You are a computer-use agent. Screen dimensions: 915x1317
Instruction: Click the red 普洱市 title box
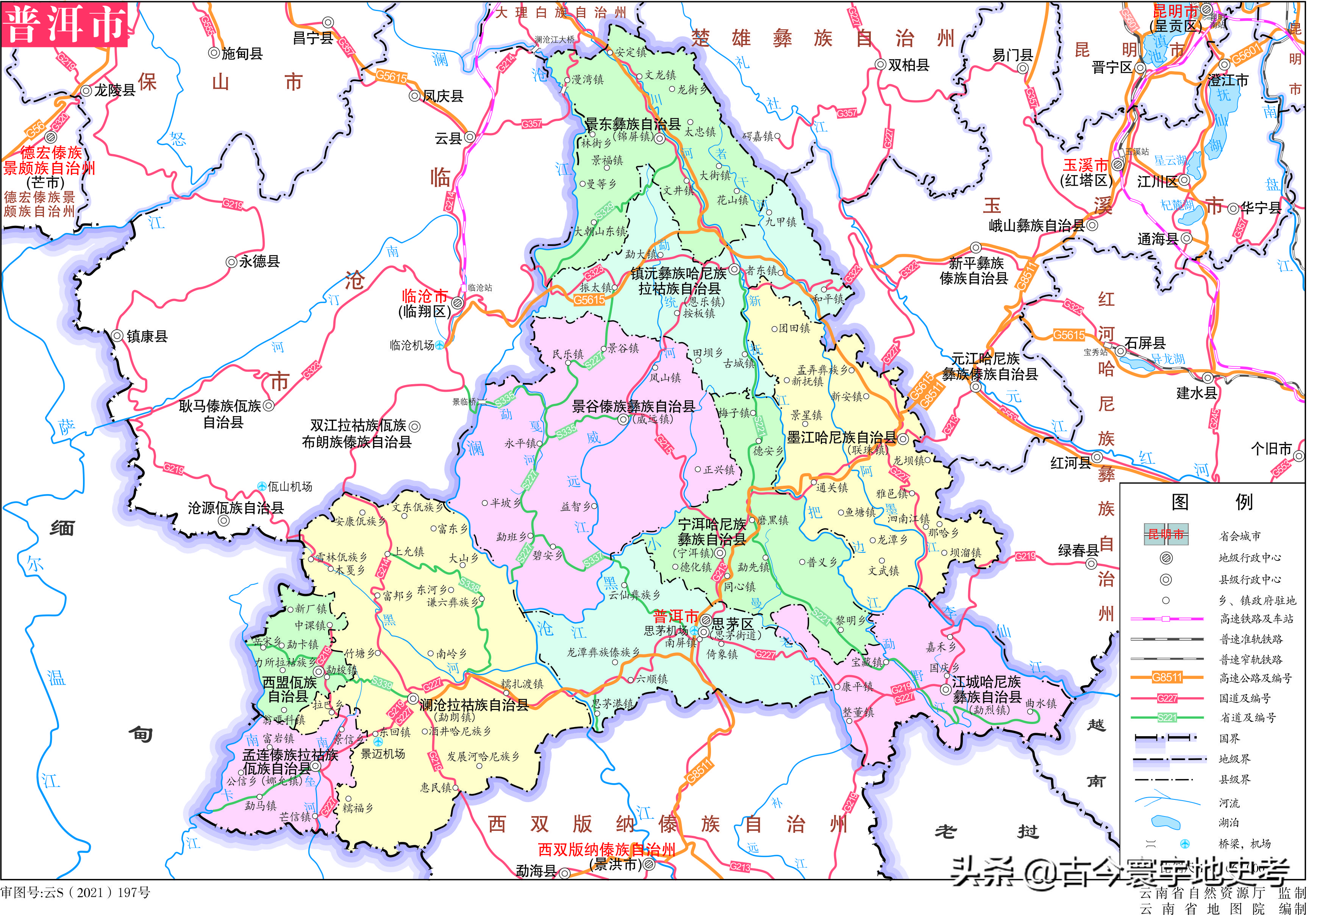(64, 24)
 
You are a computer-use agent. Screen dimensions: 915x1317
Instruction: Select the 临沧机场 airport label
(411, 345)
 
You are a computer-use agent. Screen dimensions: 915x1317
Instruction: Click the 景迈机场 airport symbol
(377, 741)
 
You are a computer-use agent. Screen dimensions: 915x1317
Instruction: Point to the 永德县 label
(259, 261)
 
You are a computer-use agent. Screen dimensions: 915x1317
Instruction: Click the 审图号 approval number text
(75, 892)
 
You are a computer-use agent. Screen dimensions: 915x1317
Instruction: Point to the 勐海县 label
(536, 871)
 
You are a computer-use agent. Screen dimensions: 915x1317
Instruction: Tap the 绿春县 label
(1078, 551)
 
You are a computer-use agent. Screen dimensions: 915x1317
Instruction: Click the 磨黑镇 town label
(773, 520)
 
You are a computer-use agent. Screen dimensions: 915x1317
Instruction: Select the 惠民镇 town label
(436, 787)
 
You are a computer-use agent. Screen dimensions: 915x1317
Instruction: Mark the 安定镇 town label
(631, 52)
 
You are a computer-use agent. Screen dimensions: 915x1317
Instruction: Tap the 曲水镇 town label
(1041, 704)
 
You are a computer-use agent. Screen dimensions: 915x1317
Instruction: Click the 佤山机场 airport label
(289, 486)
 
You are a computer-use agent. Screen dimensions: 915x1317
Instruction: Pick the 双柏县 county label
(908, 65)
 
